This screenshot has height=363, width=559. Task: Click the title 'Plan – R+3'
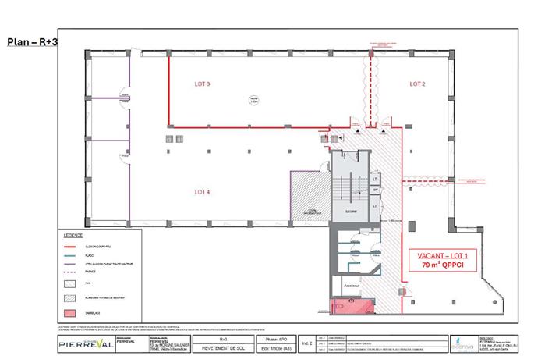31,41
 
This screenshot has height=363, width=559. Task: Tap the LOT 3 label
202,84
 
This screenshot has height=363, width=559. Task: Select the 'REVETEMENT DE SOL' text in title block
222,348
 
